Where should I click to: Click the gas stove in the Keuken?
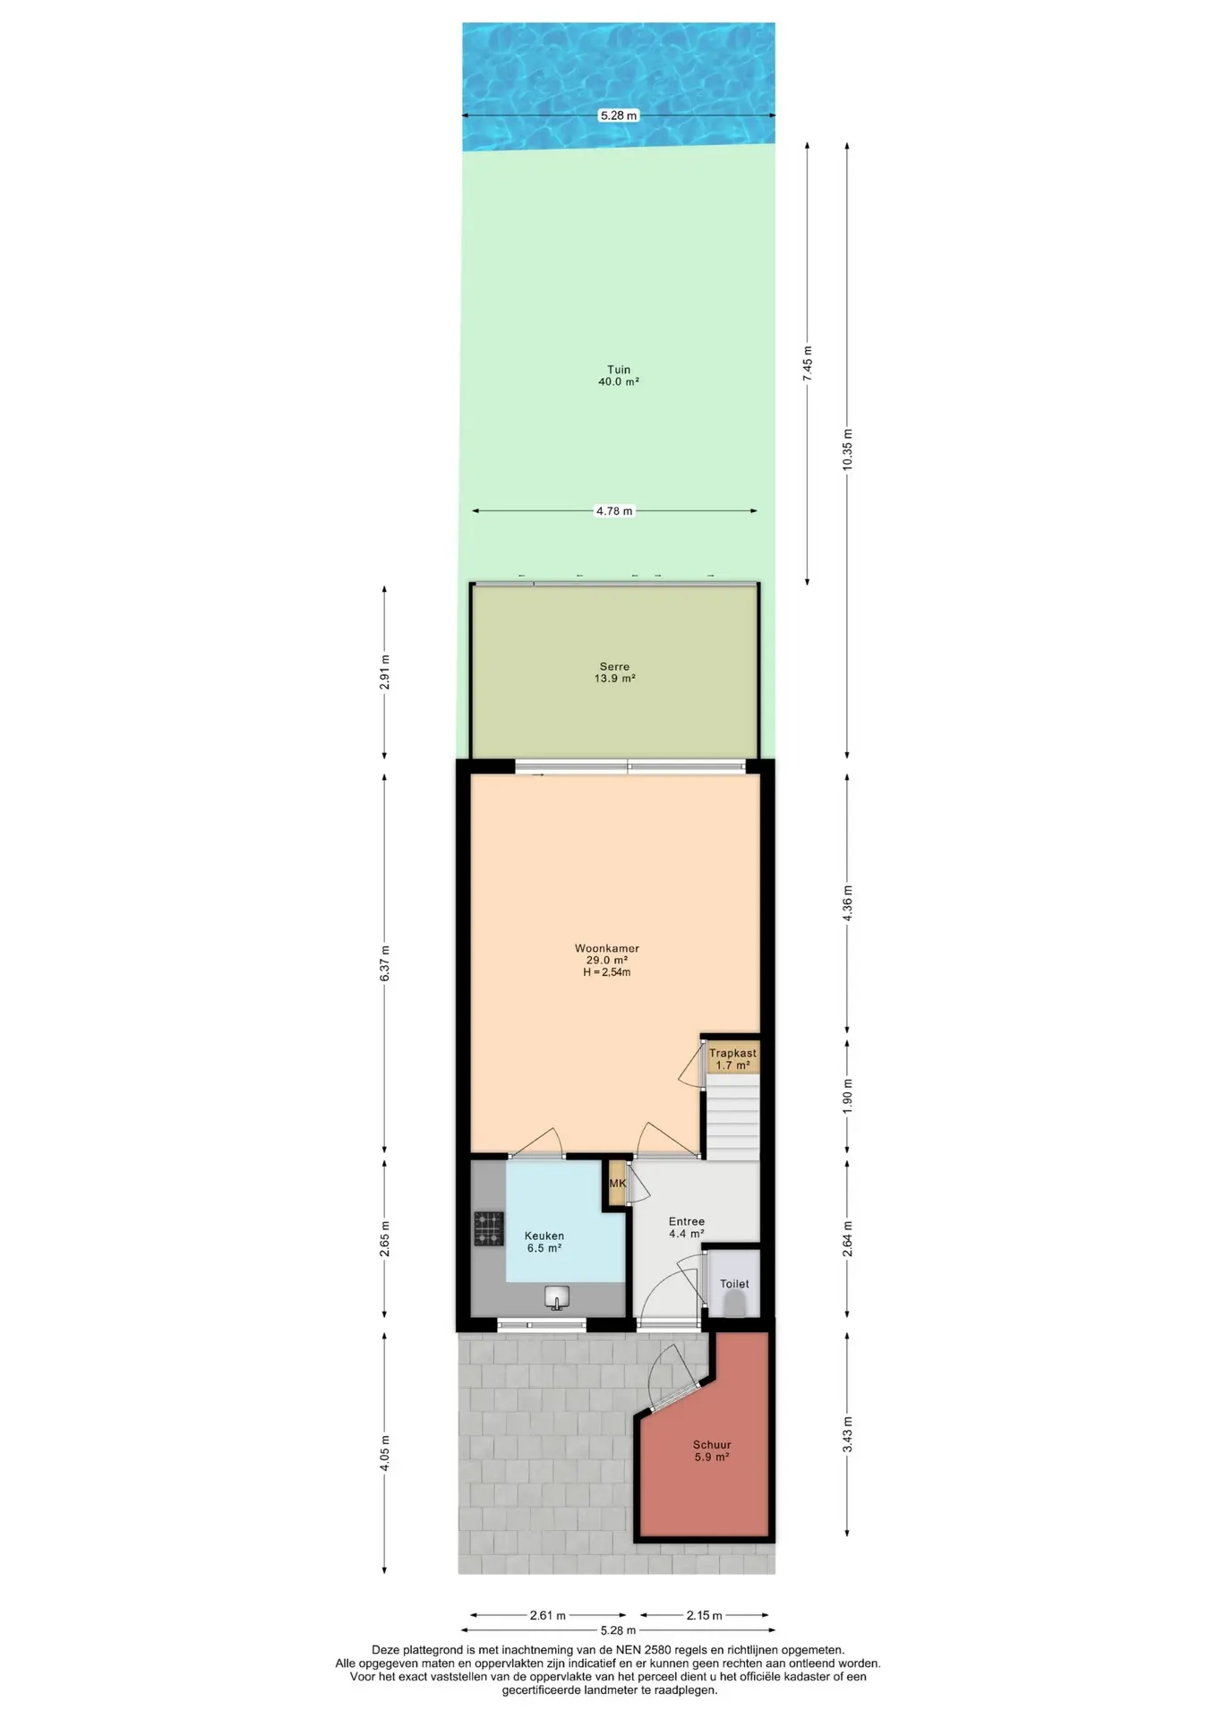click(x=489, y=1228)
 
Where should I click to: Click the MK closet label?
click(x=617, y=1184)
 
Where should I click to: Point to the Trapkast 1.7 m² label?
click(x=732, y=1059)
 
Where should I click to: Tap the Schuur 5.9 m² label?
click(x=712, y=1450)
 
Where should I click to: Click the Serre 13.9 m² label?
click(x=614, y=672)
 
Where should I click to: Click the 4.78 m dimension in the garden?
click(x=614, y=511)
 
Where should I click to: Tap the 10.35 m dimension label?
click(x=848, y=455)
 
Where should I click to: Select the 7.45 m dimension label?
click(x=807, y=364)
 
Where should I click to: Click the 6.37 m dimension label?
click(x=385, y=963)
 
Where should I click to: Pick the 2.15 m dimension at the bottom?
click(x=704, y=1615)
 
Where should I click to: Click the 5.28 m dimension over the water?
click(x=619, y=115)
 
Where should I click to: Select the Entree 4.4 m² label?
click(x=687, y=1227)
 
